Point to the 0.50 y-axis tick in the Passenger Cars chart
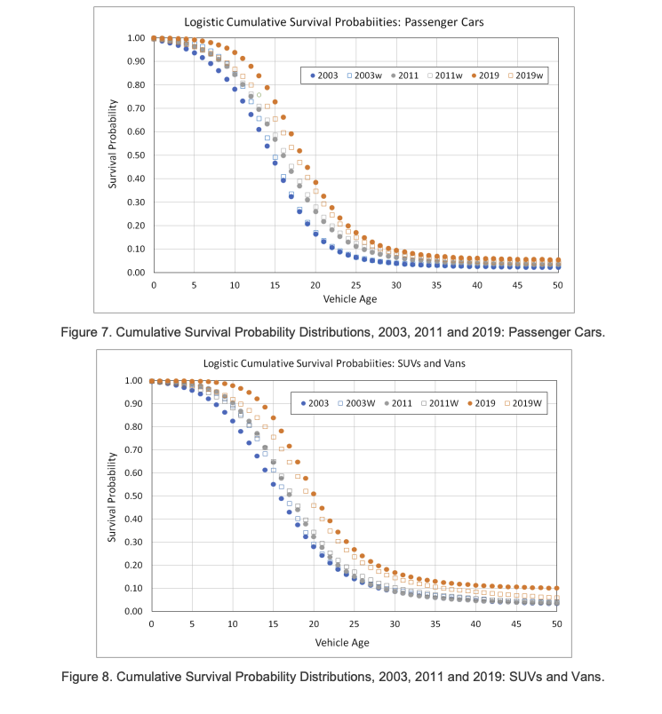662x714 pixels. (x=135, y=155)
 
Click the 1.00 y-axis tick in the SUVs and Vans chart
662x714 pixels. (x=132, y=381)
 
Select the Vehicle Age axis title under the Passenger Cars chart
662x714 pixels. (x=351, y=299)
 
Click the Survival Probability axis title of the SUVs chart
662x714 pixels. (x=114, y=497)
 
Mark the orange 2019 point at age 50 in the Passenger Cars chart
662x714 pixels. (x=558, y=260)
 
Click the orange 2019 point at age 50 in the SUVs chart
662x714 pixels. (x=556, y=588)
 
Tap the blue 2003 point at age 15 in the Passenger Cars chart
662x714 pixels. (x=275, y=163)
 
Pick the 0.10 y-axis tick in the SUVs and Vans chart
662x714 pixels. (x=132, y=589)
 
